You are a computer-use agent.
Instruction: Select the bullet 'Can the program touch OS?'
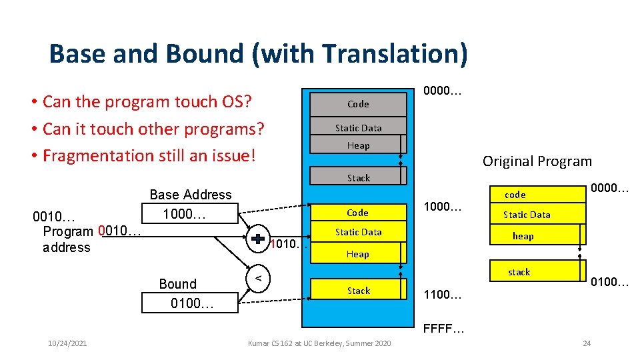tap(147, 102)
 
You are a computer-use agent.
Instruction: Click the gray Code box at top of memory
tap(358, 104)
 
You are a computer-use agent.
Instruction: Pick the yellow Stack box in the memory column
tap(358, 291)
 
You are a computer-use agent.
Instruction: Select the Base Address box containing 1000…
tap(190, 214)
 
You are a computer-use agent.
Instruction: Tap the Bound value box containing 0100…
tap(190, 304)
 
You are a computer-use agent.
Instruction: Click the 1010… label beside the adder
tap(286, 244)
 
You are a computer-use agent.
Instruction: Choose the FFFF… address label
tap(443, 329)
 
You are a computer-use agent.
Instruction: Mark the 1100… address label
tap(443, 293)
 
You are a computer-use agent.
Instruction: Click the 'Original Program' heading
tap(537, 161)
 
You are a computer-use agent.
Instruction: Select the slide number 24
tap(586, 343)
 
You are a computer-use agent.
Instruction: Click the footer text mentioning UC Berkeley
tap(319, 343)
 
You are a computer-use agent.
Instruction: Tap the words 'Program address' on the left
tap(67, 239)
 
